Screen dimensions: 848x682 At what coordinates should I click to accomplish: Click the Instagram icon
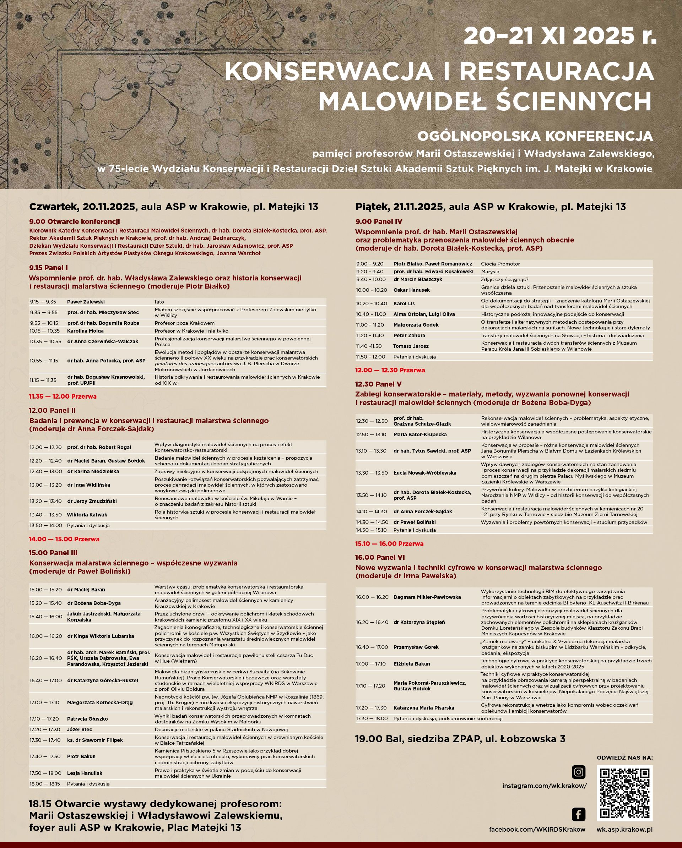click(578, 772)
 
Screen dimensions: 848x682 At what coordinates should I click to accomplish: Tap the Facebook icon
click(578, 814)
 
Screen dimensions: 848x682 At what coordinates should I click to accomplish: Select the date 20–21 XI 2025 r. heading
click(560, 36)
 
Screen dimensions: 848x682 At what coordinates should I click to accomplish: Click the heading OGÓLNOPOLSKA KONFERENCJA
click(535, 136)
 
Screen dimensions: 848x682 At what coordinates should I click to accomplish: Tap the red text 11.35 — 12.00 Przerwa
click(63, 396)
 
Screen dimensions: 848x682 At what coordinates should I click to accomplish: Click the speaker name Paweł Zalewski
click(86, 302)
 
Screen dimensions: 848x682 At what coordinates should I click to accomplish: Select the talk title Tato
click(159, 302)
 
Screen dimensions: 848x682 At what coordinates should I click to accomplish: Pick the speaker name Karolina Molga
click(85, 331)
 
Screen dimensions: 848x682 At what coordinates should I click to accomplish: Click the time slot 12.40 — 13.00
click(46, 471)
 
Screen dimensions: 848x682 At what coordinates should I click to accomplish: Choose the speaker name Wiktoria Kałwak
click(87, 514)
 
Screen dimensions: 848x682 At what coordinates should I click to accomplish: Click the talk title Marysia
click(490, 272)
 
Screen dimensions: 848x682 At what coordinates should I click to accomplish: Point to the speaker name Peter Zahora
click(409, 335)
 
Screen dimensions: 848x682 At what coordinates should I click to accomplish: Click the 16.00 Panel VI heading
click(380, 557)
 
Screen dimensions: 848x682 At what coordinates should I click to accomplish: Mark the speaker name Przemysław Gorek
click(416, 647)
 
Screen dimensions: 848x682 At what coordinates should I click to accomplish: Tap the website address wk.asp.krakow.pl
click(624, 830)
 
